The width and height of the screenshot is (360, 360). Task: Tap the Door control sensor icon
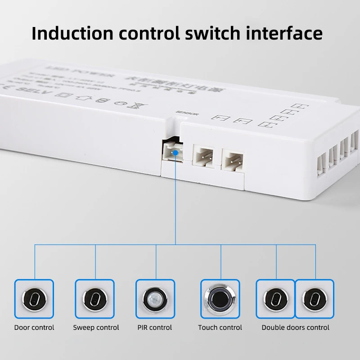click(34, 299)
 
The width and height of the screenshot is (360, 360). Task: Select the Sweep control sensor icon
click(95, 299)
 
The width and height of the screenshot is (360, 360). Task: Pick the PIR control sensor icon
click(156, 299)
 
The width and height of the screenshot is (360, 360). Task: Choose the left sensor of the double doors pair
click(275, 299)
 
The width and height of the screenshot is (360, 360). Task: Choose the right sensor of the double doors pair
click(314, 299)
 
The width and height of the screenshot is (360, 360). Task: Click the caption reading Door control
click(34, 328)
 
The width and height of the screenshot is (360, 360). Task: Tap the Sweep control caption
click(96, 328)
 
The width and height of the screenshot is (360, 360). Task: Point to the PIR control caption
click(155, 328)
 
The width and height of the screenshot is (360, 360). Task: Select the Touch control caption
click(220, 328)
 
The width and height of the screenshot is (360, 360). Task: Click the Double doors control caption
click(295, 328)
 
